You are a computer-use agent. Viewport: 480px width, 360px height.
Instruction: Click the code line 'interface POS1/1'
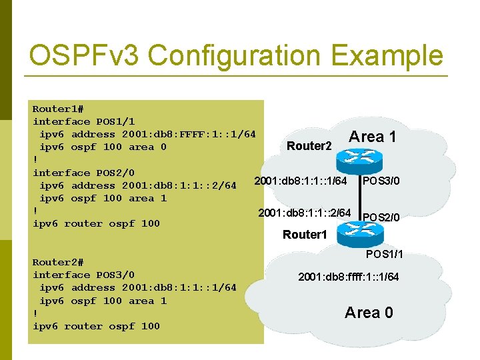click(83, 121)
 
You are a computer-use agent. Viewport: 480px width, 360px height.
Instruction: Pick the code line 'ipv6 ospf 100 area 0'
click(103, 147)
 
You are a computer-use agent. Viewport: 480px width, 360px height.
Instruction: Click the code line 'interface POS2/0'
click(83, 173)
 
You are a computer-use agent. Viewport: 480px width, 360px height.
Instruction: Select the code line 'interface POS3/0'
click(83, 275)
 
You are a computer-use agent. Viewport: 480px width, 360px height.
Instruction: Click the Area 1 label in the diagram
click(373, 137)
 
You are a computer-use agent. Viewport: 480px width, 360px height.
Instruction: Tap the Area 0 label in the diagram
click(369, 312)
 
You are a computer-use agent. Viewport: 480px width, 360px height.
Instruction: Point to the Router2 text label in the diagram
click(309, 146)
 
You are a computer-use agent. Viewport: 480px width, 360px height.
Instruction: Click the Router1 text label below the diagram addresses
click(305, 235)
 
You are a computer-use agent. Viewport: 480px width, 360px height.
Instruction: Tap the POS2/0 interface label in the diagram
click(381, 217)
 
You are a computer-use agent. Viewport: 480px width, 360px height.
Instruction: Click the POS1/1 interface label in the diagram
click(384, 254)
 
